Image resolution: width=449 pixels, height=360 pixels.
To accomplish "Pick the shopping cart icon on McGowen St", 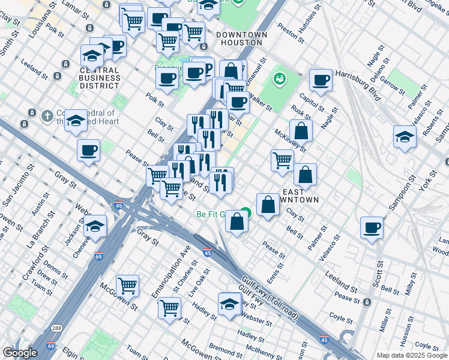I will point(127,286).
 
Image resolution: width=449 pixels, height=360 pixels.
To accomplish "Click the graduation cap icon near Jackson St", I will point(95,227).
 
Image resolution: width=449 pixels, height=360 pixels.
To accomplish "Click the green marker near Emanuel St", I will point(279,77).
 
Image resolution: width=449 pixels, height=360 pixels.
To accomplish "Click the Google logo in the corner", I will point(20,352).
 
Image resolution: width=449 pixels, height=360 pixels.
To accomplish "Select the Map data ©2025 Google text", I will point(412,355).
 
